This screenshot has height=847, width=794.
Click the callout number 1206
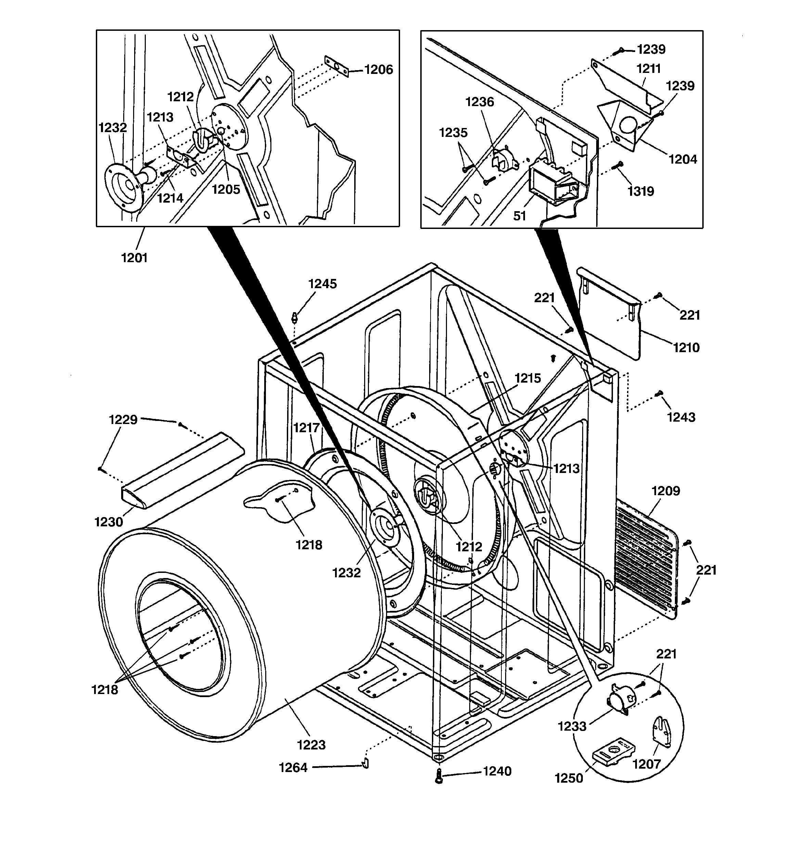[379, 69]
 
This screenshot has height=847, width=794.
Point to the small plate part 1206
[336, 66]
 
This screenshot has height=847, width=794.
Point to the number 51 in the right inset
[519, 216]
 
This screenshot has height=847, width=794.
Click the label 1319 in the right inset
[641, 191]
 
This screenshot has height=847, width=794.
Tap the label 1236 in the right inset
[479, 102]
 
